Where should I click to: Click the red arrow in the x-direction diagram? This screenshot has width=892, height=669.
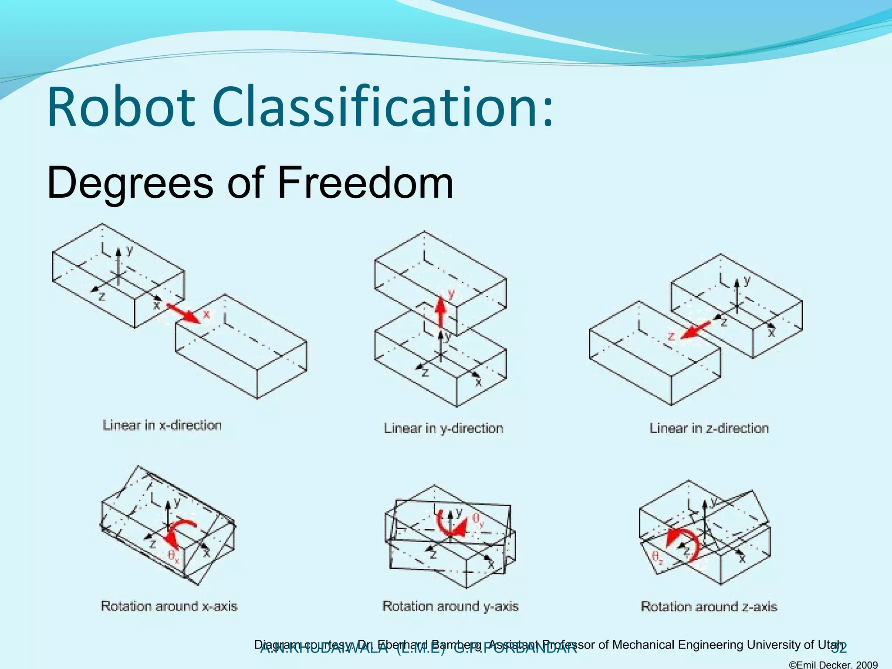tap(183, 313)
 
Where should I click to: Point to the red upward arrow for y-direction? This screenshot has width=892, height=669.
tap(441, 310)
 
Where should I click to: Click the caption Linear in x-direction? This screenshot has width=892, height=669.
tap(162, 425)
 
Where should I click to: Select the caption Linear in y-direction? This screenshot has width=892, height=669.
tap(443, 428)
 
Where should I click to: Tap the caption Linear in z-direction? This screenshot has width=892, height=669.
tap(709, 428)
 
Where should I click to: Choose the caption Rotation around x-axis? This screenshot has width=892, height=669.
tap(169, 606)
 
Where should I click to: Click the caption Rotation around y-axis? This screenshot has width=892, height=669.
tap(450, 606)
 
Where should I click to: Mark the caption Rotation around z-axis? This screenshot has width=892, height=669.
tap(709, 606)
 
